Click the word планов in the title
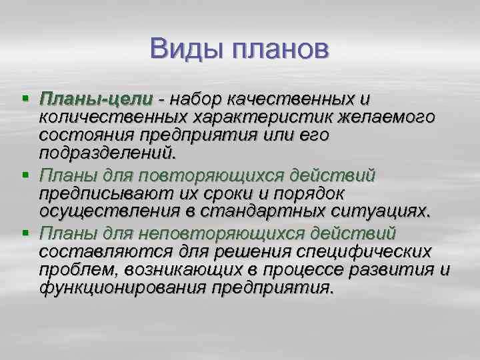(279, 50)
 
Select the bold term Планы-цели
(96, 99)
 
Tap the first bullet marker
(25, 99)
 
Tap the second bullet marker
(25, 176)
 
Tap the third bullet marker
(25, 233)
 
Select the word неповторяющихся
(213, 233)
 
